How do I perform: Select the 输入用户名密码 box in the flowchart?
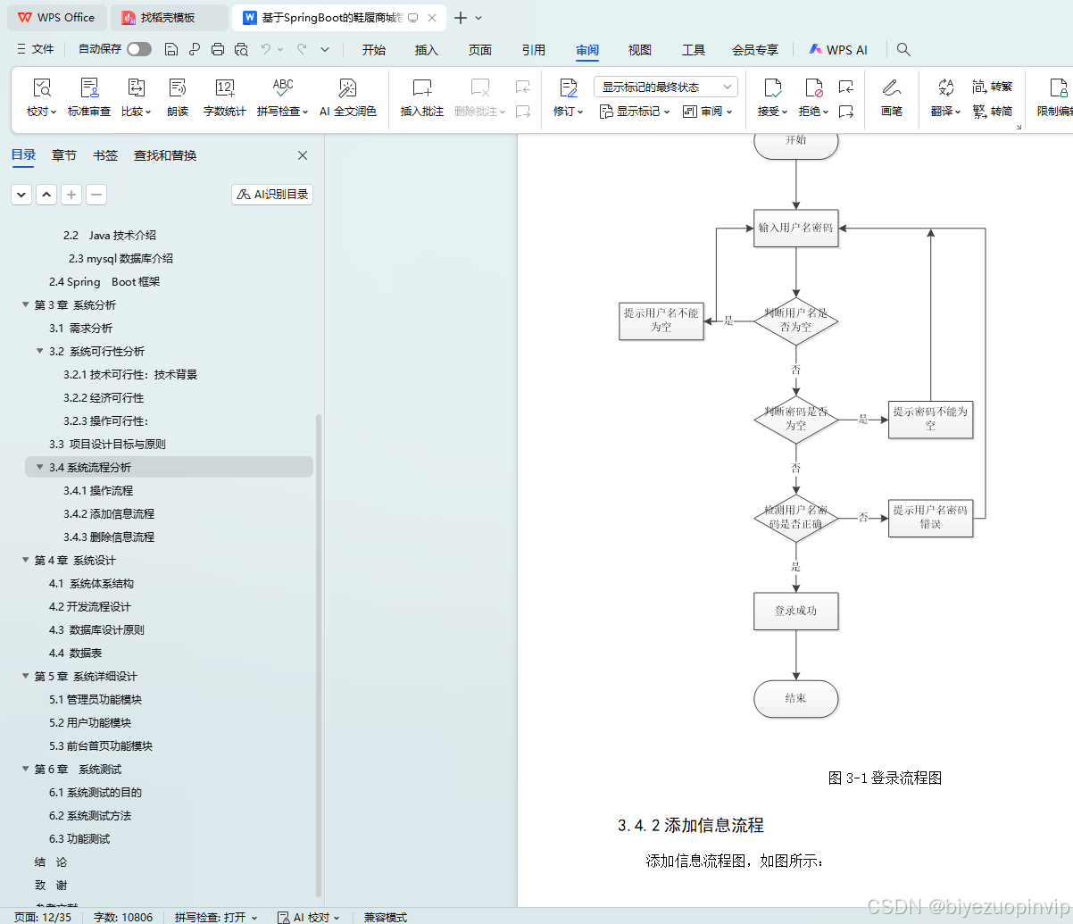click(795, 228)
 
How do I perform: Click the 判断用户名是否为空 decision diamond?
click(795, 320)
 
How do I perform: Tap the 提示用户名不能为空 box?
click(661, 320)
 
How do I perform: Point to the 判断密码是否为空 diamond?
click(795, 419)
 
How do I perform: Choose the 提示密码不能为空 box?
click(930, 419)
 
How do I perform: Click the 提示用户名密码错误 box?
click(930, 517)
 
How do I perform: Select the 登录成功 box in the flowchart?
click(795, 611)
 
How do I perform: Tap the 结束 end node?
click(795, 698)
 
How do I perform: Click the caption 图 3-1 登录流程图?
click(885, 778)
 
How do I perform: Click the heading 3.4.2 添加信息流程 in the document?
click(690, 826)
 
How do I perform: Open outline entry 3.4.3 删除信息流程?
click(109, 537)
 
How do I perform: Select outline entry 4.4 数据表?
click(75, 653)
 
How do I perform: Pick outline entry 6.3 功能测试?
click(79, 839)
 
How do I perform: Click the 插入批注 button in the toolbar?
click(421, 97)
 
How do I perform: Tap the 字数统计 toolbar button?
click(224, 97)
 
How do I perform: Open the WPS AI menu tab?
click(837, 50)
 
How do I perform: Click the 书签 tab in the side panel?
click(105, 155)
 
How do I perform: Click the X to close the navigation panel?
click(303, 155)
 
